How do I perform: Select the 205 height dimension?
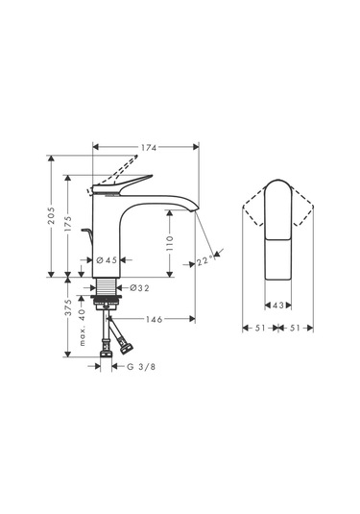(52, 212)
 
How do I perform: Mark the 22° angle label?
(204, 258)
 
